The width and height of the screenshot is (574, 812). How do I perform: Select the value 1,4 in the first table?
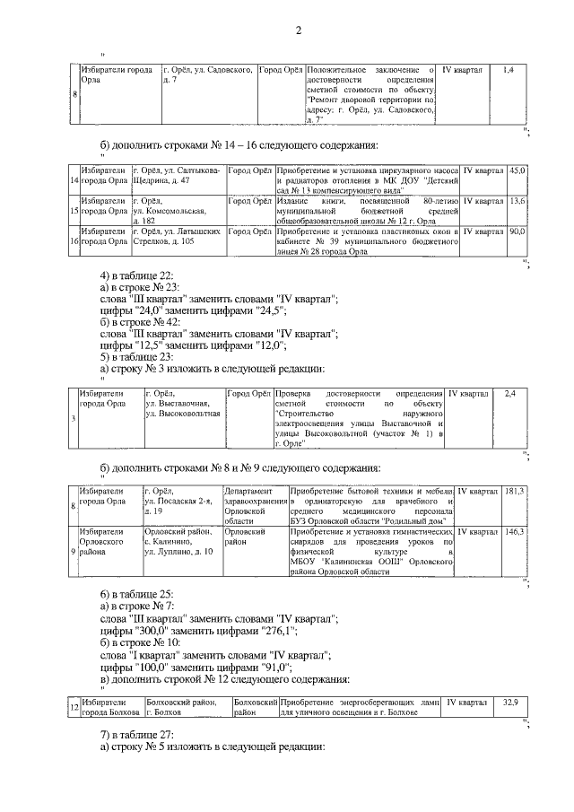508,69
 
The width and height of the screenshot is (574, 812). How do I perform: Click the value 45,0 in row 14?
518,170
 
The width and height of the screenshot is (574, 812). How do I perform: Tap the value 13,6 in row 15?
518,202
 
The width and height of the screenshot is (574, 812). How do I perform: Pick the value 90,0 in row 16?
518,231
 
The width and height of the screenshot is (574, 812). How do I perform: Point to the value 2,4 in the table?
509,394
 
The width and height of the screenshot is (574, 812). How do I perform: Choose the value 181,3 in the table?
515,492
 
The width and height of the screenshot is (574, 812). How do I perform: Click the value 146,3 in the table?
515,532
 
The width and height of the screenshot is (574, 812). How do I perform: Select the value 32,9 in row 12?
511,702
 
